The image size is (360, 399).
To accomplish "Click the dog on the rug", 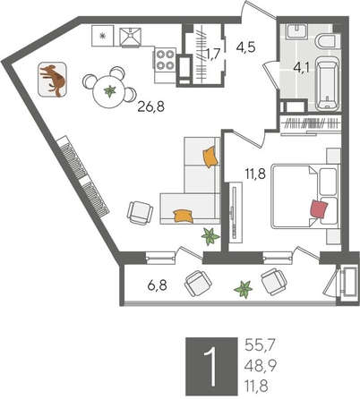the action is (53, 80).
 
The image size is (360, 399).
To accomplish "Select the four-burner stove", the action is (166, 60).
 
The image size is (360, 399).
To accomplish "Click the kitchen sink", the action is (130, 37).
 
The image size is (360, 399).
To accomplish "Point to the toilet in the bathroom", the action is (328, 41).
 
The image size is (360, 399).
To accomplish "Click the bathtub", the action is (328, 83).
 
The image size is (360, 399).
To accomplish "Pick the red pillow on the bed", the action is (319, 209).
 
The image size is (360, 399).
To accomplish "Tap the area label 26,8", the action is (151, 106).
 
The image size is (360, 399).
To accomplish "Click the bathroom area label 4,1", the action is (301, 67).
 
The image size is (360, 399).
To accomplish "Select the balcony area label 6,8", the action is (157, 286).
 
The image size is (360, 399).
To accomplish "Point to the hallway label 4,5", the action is (245, 47).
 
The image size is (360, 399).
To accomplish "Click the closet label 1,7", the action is (213, 55).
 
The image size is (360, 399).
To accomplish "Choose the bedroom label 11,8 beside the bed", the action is (255, 174).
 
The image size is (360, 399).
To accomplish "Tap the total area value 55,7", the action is (259, 345).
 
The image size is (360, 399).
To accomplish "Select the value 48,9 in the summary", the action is (261, 365).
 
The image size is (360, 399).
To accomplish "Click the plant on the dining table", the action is (110, 91).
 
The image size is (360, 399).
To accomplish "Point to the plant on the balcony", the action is (244, 289).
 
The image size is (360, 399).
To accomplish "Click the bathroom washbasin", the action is (297, 31).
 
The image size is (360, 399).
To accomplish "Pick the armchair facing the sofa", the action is (140, 213).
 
